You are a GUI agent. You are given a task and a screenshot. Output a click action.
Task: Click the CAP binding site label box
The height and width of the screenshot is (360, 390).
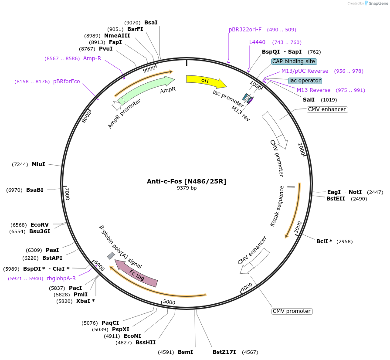click(294, 61)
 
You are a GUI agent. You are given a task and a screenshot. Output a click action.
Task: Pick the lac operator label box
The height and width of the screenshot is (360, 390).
click(305, 81)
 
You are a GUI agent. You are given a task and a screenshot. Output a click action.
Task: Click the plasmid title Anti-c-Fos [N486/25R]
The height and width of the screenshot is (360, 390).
click(187, 181)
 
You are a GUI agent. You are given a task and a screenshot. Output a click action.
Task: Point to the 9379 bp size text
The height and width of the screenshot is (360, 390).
click(187, 188)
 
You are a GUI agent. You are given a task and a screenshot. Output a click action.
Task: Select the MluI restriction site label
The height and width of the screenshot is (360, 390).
click(38, 164)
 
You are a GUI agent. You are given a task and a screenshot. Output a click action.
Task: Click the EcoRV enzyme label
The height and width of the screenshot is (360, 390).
click(40, 225)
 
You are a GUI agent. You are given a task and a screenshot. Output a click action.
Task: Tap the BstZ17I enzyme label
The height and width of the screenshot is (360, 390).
click(224, 352)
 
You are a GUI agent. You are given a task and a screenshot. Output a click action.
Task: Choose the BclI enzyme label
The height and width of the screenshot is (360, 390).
click(324, 241)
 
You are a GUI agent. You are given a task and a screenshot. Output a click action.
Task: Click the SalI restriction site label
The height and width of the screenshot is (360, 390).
click(309, 100)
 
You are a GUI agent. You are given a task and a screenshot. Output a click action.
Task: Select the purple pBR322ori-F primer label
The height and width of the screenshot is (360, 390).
click(245, 30)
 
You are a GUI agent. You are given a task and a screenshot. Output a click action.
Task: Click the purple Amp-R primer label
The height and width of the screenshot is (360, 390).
click(92, 58)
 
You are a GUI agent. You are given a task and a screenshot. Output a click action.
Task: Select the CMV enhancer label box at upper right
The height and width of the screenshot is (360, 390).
click(327, 109)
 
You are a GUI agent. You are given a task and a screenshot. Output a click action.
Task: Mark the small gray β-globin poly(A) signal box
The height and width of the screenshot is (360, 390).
click(111, 256)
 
